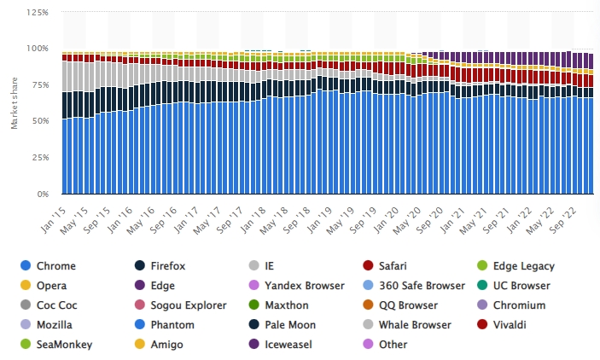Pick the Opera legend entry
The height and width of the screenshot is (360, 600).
tap(51, 285)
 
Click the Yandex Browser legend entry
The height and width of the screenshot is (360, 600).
tap(298, 285)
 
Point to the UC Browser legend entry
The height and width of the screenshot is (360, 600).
tap(519, 285)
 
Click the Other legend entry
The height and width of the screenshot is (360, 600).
tap(392, 344)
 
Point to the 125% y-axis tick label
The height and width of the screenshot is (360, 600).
tap(37, 12)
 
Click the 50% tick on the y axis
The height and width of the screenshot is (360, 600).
tap(39, 121)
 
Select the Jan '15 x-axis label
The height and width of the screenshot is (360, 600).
tap(54, 213)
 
